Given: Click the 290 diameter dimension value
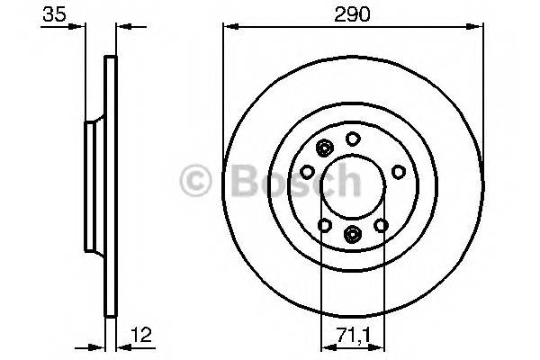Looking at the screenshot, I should (352, 16).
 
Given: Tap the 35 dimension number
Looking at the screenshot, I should (55, 16).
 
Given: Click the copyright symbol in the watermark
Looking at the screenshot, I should (196, 184).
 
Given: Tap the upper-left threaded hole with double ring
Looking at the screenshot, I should (325, 148).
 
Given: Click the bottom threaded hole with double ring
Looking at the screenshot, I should (352, 235).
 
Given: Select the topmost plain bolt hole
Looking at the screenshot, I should (354, 139).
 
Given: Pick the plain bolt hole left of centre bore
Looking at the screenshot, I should (308, 171).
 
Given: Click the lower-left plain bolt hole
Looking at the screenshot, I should (325, 225).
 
